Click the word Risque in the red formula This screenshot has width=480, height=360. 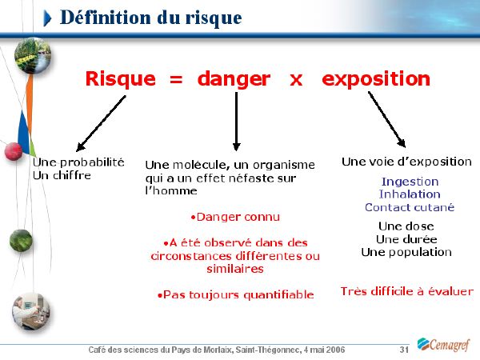coord(121,79)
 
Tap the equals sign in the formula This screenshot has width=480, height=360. coord(176,80)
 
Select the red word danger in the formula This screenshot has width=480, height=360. coord(234,80)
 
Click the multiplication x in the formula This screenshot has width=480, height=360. coord(296,80)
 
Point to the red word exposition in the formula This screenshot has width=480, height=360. coord(376,79)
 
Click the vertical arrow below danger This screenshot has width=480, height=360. coord(236,122)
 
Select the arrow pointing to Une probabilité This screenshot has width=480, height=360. coord(101,123)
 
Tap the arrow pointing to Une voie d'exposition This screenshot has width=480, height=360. coord(387,119)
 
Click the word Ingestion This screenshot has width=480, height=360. coord(410,182)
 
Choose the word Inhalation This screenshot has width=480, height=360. coord(410,194)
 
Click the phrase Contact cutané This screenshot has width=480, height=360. coord(410,207)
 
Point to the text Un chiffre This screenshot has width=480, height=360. coord(62,175)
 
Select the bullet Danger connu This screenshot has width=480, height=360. coord(235,217)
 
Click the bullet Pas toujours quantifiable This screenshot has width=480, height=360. coord(235,294)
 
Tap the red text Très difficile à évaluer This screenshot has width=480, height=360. coord(407,291)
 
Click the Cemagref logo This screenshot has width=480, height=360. coord(443,345)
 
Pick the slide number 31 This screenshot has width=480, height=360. coord(404,350)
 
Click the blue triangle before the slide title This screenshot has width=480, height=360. coord(47,18)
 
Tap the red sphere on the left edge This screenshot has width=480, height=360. coord(14,151)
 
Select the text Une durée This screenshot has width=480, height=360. coord(406,239)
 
